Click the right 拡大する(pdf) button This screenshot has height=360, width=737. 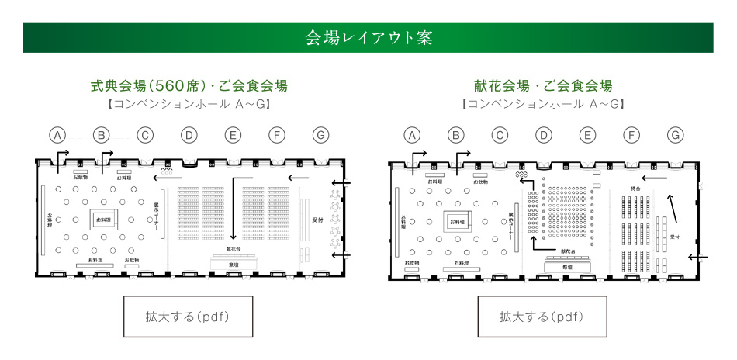tap(541, 317)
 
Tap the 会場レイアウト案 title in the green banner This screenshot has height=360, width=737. tap(368, 37)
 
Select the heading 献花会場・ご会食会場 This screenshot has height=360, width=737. tap(543, 85)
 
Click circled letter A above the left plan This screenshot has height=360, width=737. tap(57, 134)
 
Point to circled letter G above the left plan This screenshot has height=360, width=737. tap(320, 134)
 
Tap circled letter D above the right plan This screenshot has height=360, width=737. tap(544, 135)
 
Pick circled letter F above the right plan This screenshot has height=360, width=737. tap(631, 135)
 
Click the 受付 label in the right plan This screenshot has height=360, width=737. tap(674, 237)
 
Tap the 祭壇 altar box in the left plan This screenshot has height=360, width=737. tap(233, 264)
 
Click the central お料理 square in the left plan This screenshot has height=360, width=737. tap(103, 220)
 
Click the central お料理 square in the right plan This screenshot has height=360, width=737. tap(458, 223)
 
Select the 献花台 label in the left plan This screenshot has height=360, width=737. tap(233, 250)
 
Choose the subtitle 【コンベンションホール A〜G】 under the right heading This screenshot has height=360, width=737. tap(543, 103)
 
